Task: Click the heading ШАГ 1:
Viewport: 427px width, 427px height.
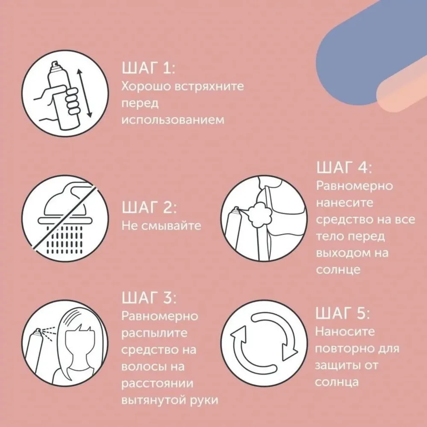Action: tap(148, 68)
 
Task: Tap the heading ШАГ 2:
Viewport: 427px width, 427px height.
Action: tap(149, 208)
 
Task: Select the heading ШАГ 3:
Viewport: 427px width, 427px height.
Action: tap(149, 297)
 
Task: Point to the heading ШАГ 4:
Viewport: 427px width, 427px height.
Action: tap(344, 167)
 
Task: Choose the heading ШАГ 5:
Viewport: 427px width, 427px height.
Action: tap(343, 313)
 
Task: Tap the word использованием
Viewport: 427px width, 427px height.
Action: tap(173, 120)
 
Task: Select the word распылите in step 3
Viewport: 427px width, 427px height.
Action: tap(154, 333)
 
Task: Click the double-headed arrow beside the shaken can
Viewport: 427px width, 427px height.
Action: tap(85, 94)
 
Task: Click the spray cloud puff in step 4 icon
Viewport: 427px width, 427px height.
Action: tap(260, 215)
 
